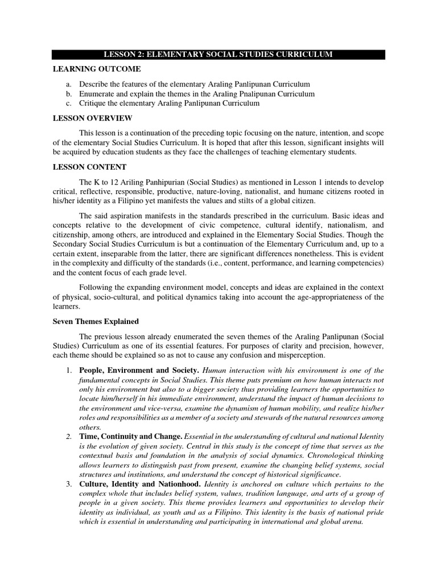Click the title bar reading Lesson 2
218,54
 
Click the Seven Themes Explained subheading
92,322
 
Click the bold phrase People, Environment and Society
139,370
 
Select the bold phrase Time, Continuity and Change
130,437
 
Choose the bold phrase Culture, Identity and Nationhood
140,484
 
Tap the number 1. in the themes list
68,370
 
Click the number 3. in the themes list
68,484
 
